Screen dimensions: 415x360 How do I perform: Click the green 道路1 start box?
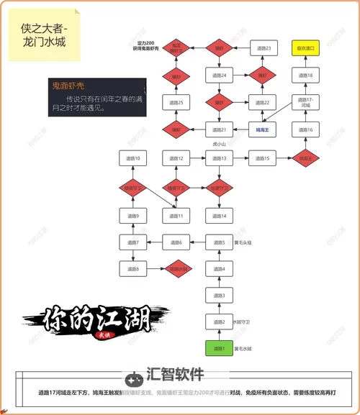[219, 349]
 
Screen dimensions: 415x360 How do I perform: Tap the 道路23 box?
[263, 48]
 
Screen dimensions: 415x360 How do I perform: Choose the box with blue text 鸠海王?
[263, 129]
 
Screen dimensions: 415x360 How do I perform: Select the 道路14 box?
[219, 216]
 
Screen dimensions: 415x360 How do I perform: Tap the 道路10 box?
[132, 158]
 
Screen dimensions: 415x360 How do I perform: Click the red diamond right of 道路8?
[176, 269]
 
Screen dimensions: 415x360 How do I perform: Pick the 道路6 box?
[176, 243]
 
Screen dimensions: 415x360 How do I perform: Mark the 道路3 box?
[219, 296]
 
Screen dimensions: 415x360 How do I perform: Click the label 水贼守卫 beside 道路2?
[243, 322]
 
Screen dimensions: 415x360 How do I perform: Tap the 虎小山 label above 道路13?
[219, 145]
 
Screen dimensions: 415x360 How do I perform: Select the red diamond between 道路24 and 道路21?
[219, 102]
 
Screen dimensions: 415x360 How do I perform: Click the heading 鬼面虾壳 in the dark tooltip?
[69, 86]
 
